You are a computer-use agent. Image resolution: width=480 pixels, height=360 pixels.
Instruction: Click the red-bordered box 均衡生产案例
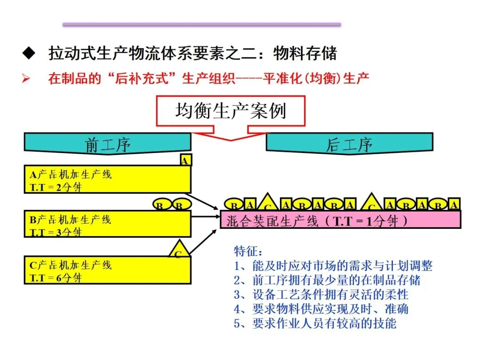(x=230, y=111)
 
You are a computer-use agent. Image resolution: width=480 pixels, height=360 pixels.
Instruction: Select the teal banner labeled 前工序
(x=107, y=143)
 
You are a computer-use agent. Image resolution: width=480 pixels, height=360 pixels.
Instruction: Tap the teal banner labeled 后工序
(x=349, y=143)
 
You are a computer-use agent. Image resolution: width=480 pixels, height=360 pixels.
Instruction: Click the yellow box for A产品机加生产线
(x=107, y=180)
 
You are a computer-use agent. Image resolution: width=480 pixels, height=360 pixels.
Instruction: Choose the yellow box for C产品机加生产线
(x=107, y=270)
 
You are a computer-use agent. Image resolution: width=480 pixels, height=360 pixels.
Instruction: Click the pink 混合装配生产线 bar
(x=340, y=220)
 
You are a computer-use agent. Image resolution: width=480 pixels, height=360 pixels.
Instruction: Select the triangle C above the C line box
(x=178, y=250)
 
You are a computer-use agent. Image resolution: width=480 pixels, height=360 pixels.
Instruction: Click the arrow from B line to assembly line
(x=205, y=216)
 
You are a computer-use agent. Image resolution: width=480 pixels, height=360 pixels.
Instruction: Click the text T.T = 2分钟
(x=56, y=187)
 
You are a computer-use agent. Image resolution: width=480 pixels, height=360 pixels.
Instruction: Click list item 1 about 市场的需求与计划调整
(x=333, y=266)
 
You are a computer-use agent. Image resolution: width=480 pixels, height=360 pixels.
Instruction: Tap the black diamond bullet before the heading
(x=28, y=54)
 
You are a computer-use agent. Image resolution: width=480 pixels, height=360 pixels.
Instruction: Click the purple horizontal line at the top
(x=202, y=24)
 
